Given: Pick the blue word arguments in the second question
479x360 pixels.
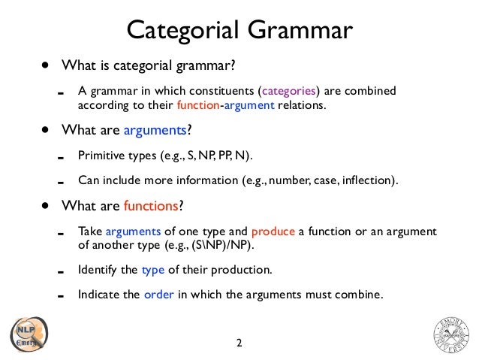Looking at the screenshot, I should coord(155,130).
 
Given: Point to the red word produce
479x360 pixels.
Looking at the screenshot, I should coord(274,231).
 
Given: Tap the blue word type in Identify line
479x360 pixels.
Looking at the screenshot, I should coord(152,269).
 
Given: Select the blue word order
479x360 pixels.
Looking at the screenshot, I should coord(158,294).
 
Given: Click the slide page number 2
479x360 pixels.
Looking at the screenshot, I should coord(239,343).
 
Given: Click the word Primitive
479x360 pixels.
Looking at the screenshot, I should coord(101,156).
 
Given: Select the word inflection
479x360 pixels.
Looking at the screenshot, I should coord(367,180).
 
